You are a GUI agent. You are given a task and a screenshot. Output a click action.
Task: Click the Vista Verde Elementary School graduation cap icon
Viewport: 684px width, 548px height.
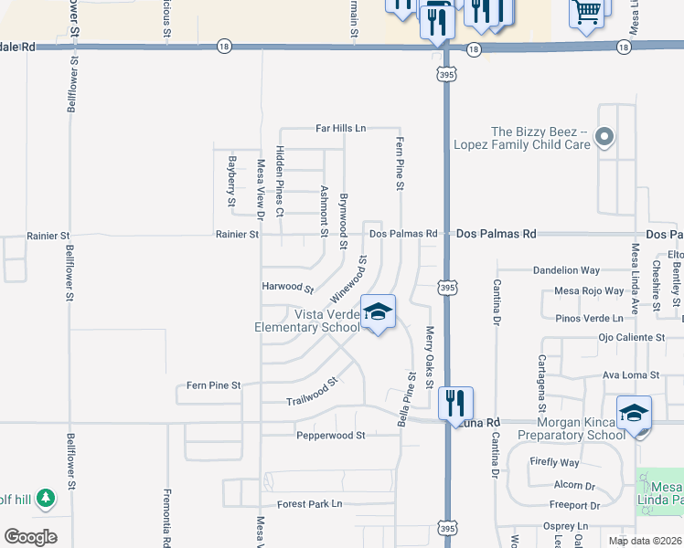click(378, 312)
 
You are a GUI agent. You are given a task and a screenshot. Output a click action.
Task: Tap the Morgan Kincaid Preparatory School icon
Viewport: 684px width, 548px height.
click(634, 413)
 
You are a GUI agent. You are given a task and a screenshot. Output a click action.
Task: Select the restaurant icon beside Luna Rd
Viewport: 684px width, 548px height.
click(454, 403)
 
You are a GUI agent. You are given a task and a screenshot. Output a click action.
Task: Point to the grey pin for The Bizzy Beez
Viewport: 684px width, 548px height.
click(604, 138)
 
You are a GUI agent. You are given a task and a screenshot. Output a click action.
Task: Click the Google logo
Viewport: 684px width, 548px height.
click(30, 537)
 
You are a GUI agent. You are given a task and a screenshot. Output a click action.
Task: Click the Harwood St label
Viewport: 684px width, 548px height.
click(288, 288)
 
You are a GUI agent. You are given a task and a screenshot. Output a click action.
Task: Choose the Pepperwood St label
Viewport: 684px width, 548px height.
click(330, 436)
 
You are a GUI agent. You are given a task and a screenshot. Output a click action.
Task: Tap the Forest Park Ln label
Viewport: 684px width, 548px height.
click(309, 503)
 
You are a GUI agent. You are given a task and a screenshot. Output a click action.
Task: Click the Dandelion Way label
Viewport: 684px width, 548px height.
click(566, 270)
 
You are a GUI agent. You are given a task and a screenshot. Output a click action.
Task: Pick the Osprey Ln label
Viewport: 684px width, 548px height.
click(567, 526)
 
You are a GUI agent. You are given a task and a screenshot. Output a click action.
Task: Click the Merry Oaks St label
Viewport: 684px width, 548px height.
click(429, 349)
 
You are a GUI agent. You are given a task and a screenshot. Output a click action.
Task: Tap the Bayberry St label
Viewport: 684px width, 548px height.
click(231, 186)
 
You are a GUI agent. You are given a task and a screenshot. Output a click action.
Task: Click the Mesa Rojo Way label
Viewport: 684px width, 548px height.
click(590, 291)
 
